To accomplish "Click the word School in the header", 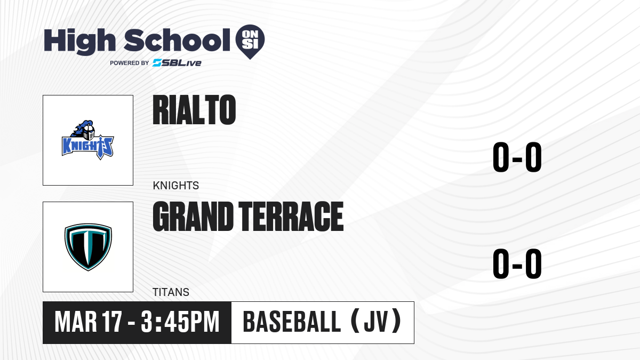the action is [177, 40].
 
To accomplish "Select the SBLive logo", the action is [177, 63].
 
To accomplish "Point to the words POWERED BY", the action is [130, 63].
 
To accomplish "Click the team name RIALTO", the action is [194, 110].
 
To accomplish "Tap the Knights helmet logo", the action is [87, 140].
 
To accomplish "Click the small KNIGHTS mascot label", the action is [175, 186].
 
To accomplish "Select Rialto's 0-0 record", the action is [517, 157].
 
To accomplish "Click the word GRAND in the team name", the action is [193, 217].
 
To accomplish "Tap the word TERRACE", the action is [291, 217].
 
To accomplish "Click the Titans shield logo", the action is [88, 247].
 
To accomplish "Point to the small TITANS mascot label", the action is [171, 292].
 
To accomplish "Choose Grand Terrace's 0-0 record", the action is [517, 263].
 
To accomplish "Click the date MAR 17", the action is [89, 322].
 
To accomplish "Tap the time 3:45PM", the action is [180, 322].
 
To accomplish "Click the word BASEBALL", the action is [292, 322].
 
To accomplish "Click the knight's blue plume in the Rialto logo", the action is [81, 128].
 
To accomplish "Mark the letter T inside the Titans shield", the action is [88, 246].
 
